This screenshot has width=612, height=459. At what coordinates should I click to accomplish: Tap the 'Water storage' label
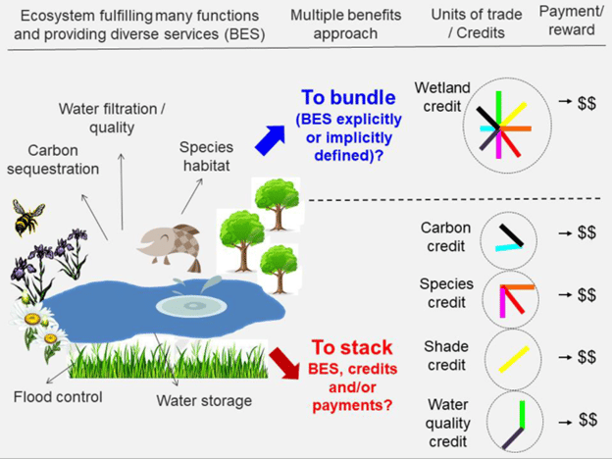(x=204, y=400)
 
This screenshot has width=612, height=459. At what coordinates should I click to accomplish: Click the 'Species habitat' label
(x=205, y=157)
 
